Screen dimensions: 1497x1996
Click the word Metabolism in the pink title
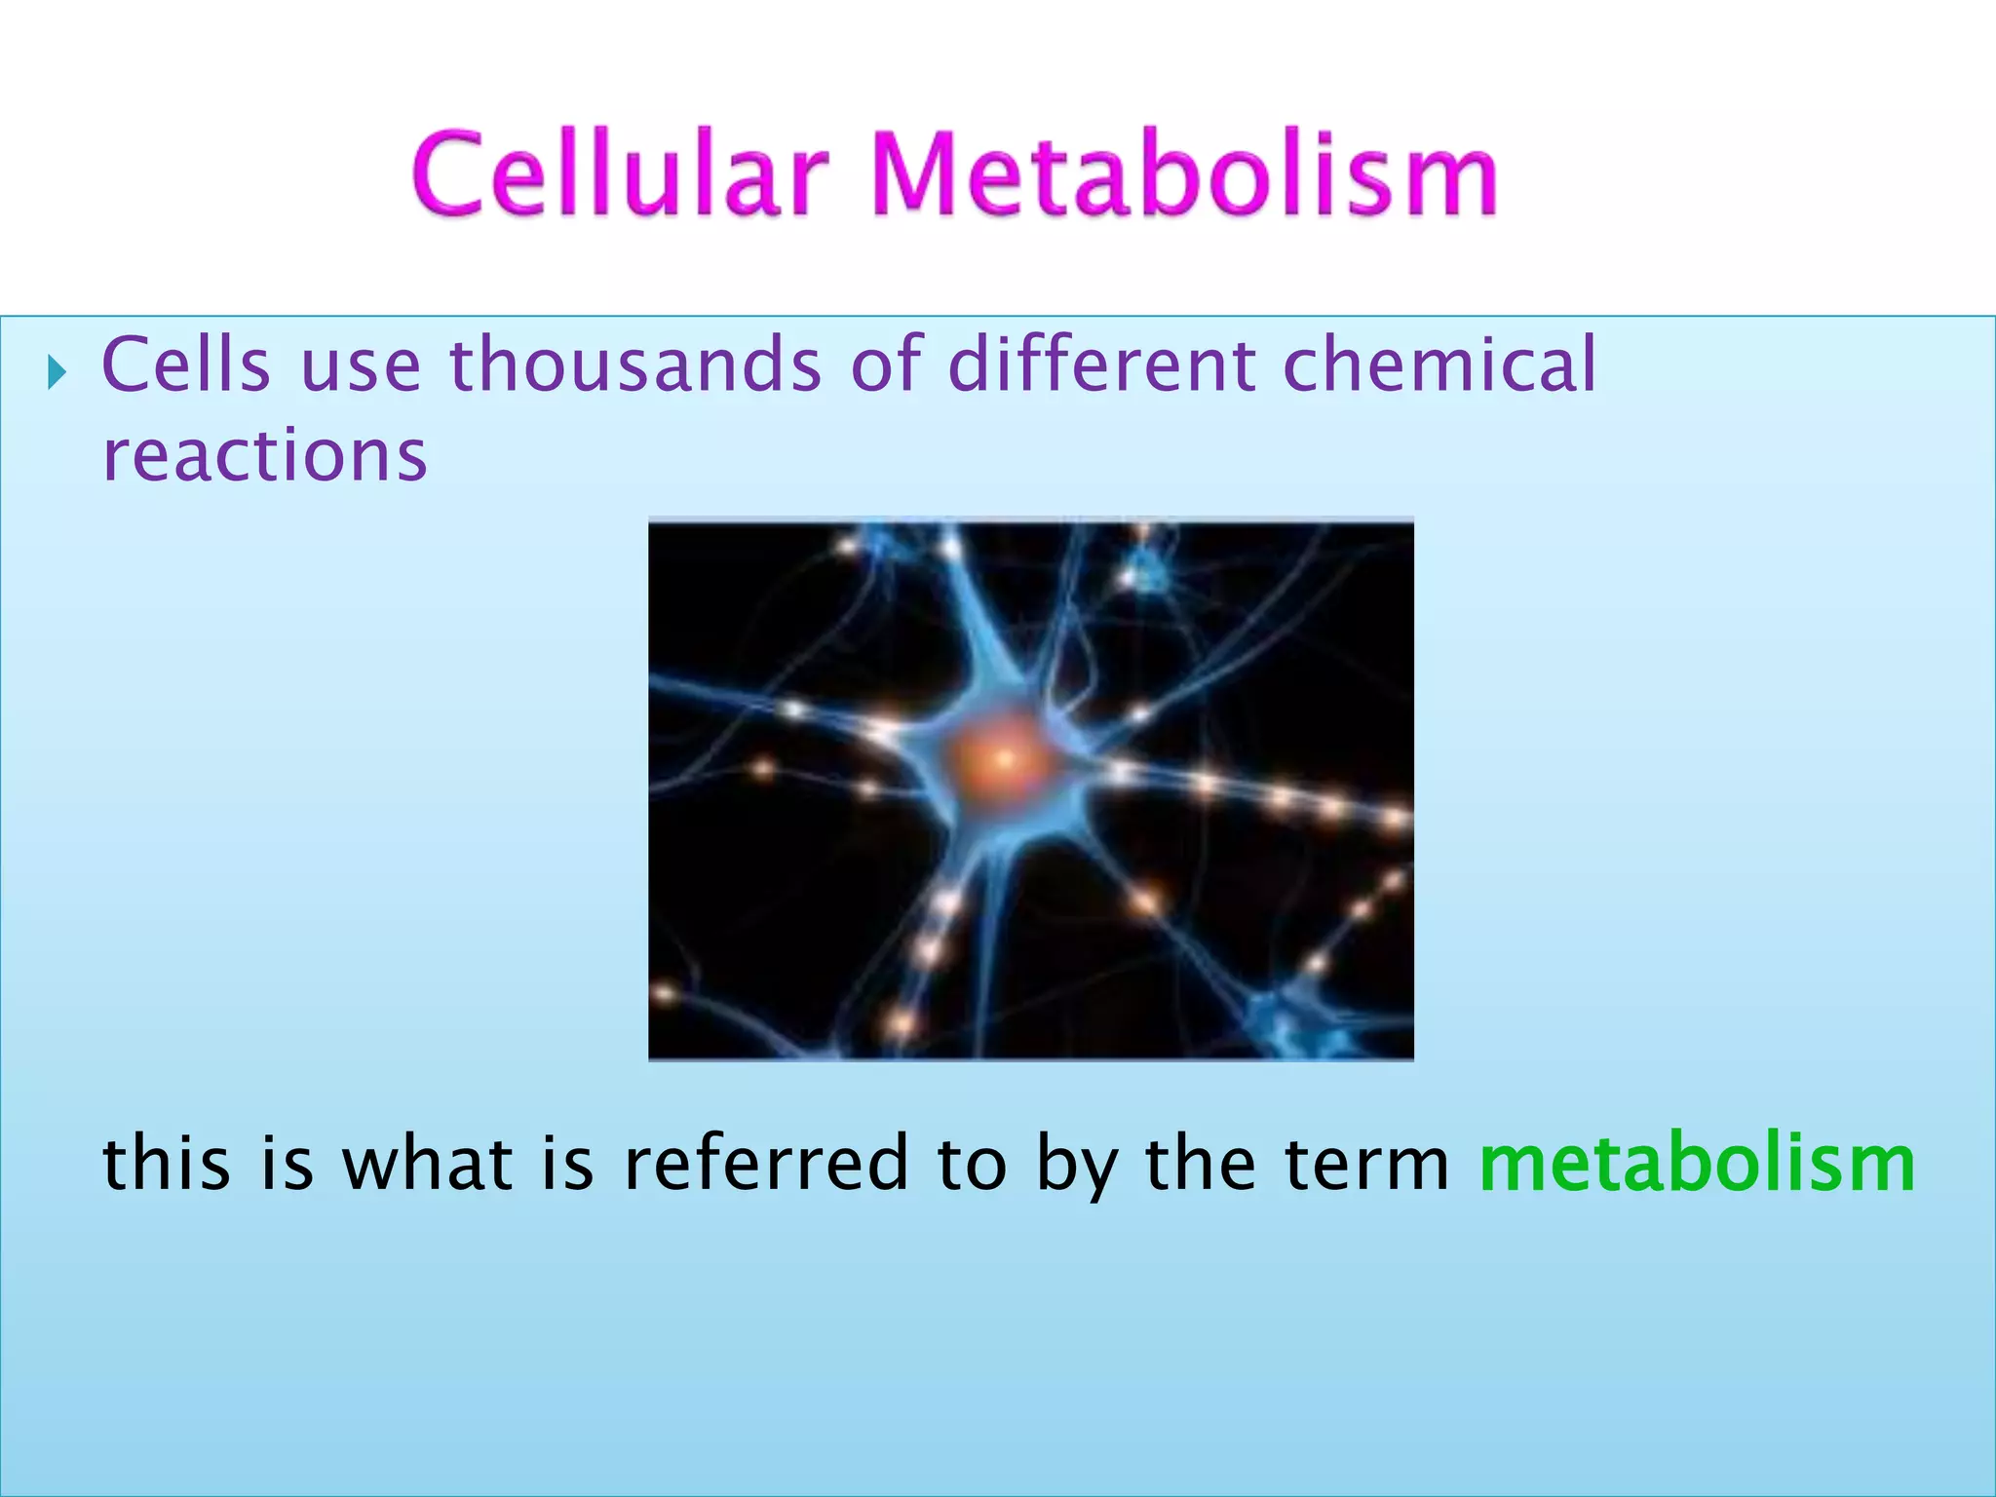click(x=1183, y=175)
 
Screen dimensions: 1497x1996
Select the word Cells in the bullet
click(x=185, y=365)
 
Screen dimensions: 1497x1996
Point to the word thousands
click(x=634, y=365)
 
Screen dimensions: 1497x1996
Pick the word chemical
click(x=1439, y=365)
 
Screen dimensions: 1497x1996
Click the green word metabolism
click(x=1697, y=1164)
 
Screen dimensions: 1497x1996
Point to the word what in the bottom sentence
click(x=427, y=1164)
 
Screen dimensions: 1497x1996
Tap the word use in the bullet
click(x=361, y=365)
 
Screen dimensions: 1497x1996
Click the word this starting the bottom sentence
click(x=167, y=1164)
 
